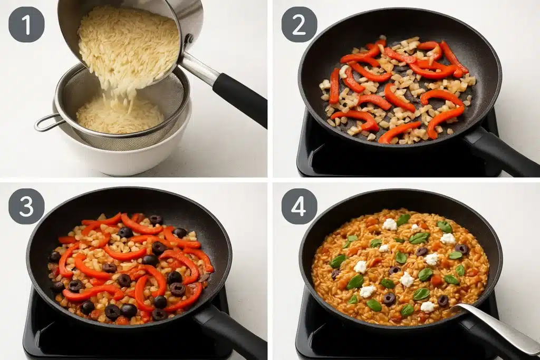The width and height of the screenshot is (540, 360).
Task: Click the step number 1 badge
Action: (x=26, y=24)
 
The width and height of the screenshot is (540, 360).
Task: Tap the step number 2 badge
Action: (x=299, y=24)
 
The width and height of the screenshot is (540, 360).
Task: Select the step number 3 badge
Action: (x=26, y=206)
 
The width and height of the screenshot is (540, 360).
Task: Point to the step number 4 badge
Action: (x=299, y=206)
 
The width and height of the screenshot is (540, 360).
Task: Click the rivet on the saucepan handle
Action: (x=188, y=40)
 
